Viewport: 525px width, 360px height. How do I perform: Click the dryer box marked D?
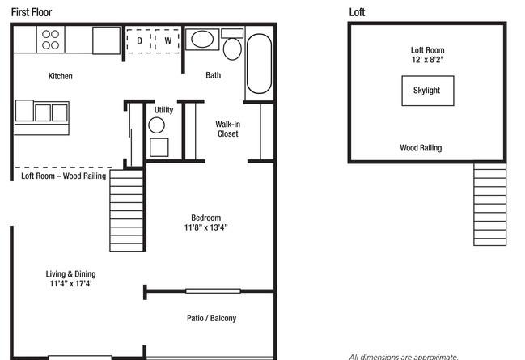[x=138, y=41]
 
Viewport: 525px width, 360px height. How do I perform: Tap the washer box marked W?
[x=167, y=41]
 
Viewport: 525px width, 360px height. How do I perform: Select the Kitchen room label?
[x=61, y=76]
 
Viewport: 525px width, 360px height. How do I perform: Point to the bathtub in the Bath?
[x=259, y=63]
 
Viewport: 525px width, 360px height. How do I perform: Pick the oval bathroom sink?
[x=202, y=39]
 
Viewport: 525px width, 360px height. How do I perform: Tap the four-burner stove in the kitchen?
[x=50, y=40]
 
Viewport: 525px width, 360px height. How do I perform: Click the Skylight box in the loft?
[x=428, y=91]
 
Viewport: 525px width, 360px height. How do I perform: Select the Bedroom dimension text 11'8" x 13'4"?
[x=205, y=227]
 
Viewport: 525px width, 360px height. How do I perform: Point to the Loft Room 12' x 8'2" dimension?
[x=428, y=60]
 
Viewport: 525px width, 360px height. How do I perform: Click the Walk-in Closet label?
[x=227, y=129]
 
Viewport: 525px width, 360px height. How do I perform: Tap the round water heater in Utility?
[x=156, y=125]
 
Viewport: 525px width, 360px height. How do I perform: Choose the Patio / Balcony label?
[x=211, y=318]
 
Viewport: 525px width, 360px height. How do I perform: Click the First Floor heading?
[x=32, y=12]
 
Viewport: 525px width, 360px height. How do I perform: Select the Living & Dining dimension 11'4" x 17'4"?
[x=70, y=283]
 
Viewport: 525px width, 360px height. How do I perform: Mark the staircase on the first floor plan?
[x=126, y=210]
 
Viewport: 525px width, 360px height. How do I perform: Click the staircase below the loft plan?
[x=489, y=205]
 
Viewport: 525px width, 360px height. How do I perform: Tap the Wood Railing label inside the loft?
[x=421, y=148]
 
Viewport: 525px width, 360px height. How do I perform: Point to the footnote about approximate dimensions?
[x=404, y=357]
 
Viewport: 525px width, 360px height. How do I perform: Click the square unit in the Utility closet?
[x=159, y=147]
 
